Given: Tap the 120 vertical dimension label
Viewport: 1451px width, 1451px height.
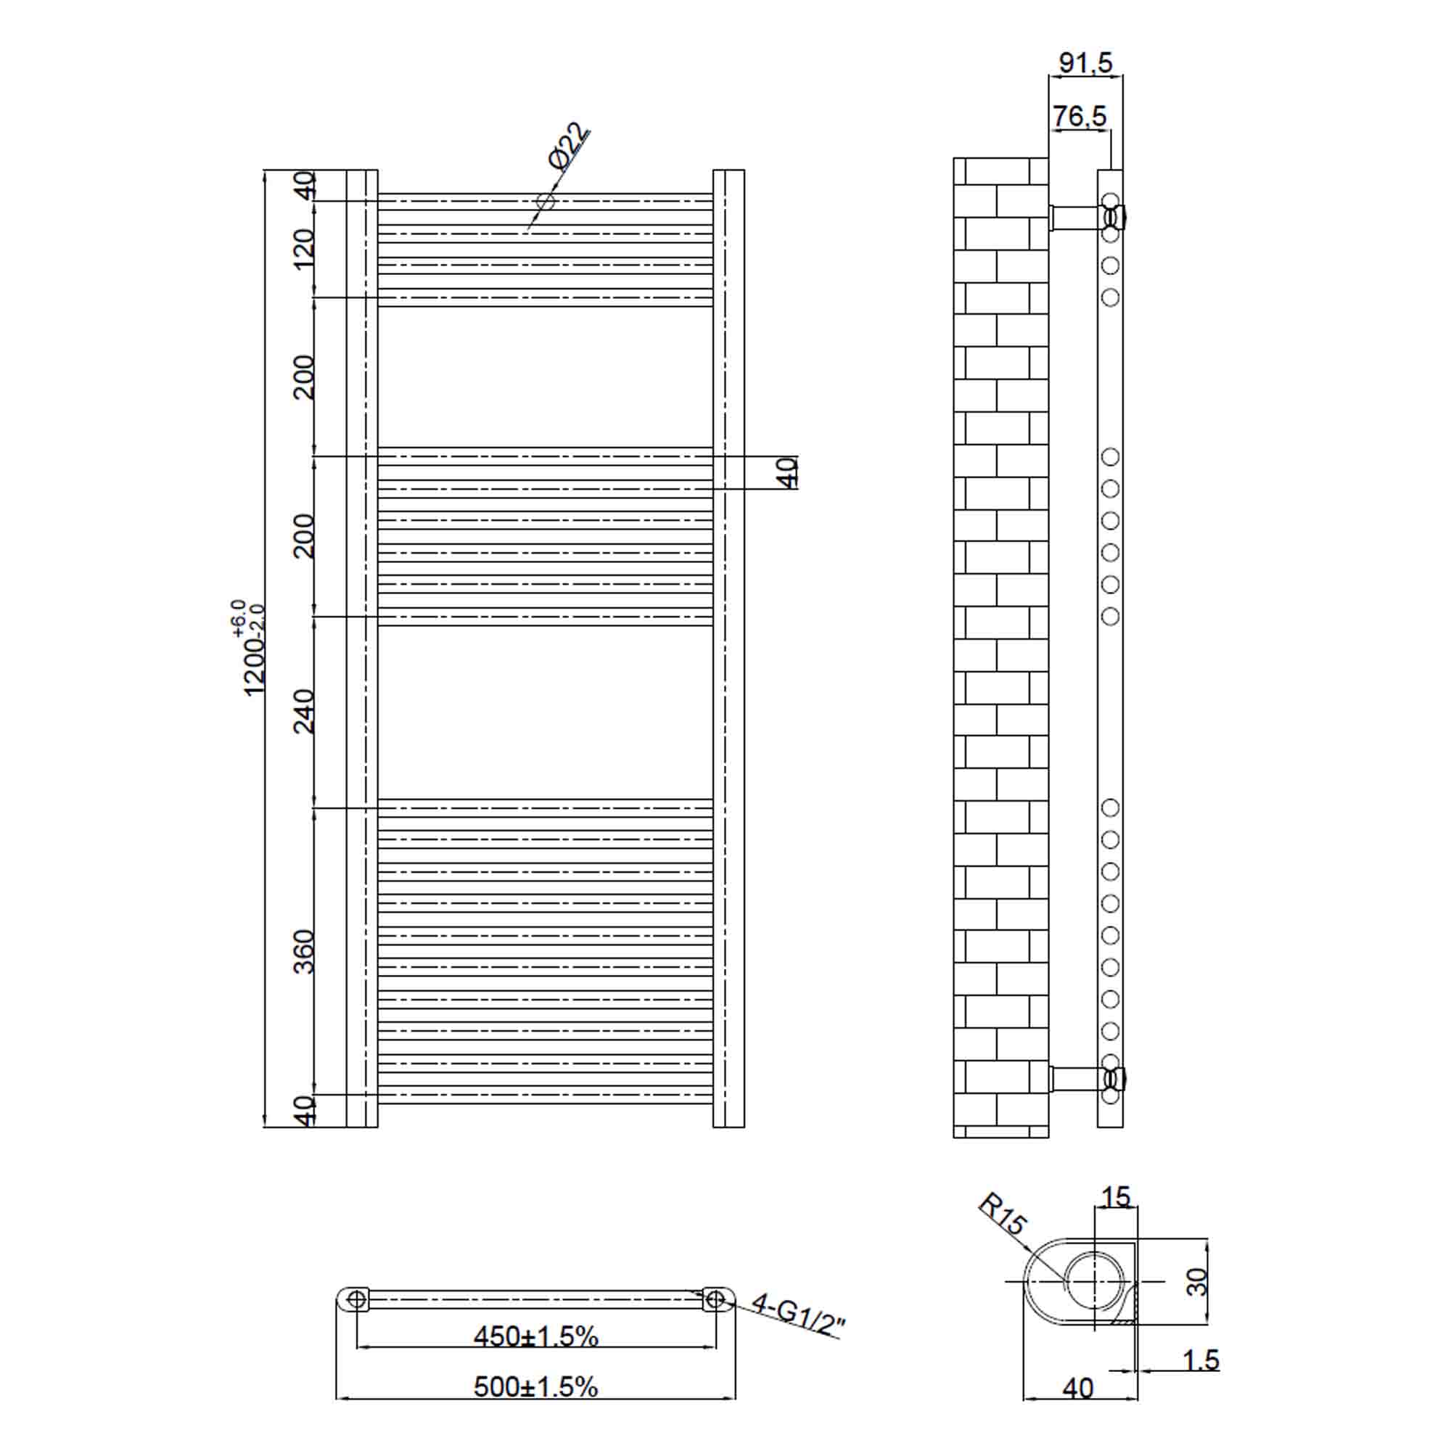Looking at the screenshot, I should [x=304, y=250].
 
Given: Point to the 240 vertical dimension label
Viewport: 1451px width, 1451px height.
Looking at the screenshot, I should [x=304, y=710].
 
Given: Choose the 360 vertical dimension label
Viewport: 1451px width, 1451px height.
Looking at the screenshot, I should [x=304, y=951].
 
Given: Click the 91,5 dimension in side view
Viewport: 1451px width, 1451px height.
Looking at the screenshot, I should [x=1085, y=63].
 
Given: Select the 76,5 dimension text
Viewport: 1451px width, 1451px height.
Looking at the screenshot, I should [x=1080, y=116].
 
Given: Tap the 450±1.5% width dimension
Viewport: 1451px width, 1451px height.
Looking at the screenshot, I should [x=535, y=1336].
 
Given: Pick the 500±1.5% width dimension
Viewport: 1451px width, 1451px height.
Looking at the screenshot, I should [x=535, y=1386].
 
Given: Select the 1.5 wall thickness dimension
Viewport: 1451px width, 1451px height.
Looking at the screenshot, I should [x=1201, y=1360].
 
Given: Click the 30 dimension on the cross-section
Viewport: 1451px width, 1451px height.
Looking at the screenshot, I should [x=1196, y=1281].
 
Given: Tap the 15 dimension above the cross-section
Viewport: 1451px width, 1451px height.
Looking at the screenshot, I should [x=1115, y=1197].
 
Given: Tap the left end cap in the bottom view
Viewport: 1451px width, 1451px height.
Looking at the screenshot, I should [x=355, y=1299].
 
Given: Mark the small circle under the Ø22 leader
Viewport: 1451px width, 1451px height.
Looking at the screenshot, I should [x=546, y=201].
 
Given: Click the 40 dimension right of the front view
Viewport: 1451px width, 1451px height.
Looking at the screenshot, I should [x=786, y=472].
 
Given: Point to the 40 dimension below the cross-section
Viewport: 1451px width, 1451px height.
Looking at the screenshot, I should [x=1078, y=1389].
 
